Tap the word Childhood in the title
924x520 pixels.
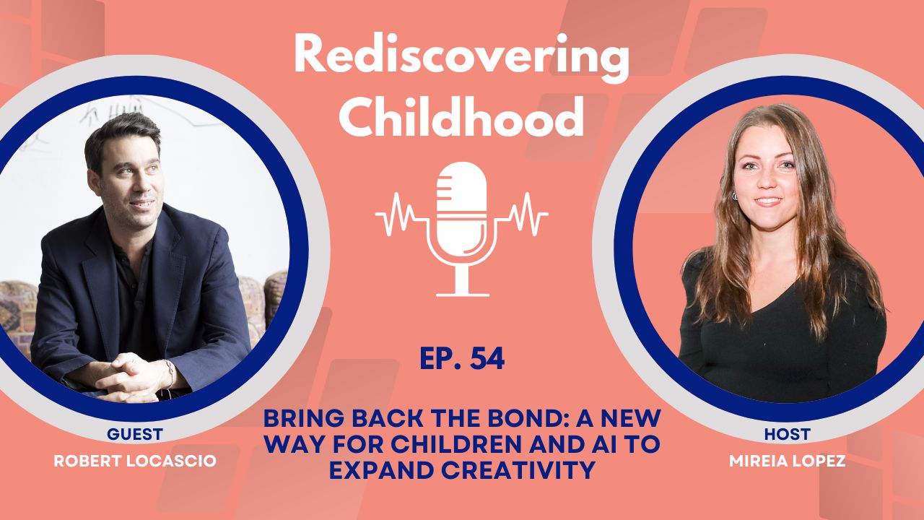462,117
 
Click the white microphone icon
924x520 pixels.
462,217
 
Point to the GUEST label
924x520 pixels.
134,434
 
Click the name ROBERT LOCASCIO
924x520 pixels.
135,460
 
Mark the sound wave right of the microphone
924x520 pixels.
525,214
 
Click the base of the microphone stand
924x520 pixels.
462,292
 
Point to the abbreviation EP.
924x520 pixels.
439,359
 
